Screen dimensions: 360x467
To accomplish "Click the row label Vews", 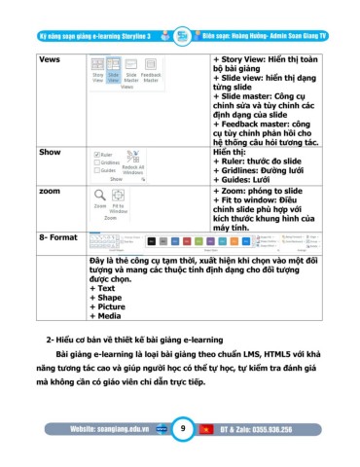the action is point(49,59).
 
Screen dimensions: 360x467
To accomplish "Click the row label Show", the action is point(49,153).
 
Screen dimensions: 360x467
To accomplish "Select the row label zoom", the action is point(49,193).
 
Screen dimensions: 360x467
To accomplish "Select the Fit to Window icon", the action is point(118,197).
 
